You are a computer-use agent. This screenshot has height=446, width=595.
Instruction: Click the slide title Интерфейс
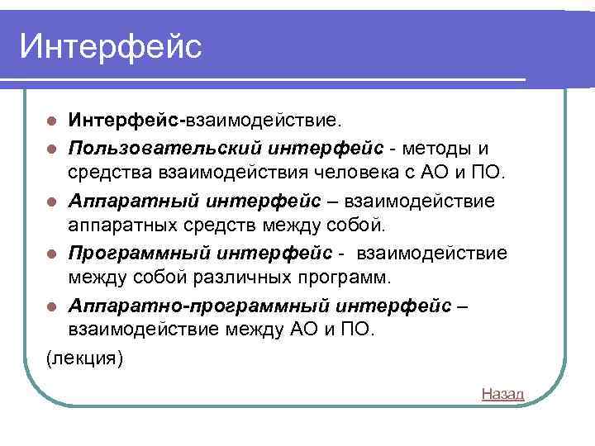(x=110, y=46)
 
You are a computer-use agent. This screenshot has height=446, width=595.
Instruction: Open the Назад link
(x=502, y=394)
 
